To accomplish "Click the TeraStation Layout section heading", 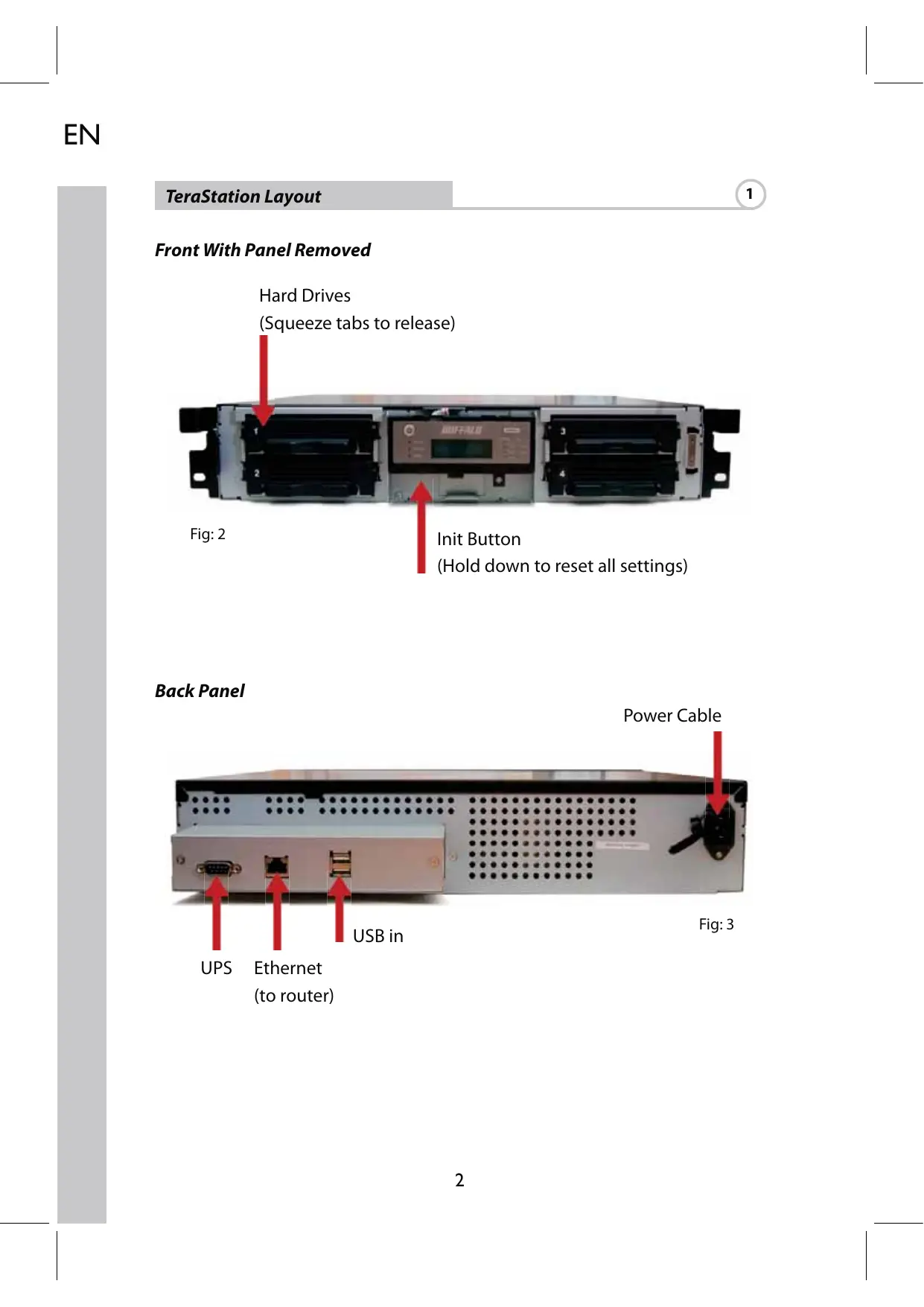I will coord(243,197).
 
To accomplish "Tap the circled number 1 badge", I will coord(750,194).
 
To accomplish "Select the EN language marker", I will coord(82,135).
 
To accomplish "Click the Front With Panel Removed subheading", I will coord(262,250).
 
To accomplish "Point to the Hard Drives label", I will coord(305,296).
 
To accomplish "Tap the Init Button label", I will coord(479,539).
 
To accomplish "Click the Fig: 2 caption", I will coord(208,534).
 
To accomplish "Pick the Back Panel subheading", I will coord(200,691).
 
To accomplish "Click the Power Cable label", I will coord(672,716).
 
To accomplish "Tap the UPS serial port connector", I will coord(217,868).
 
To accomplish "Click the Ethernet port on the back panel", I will coord(277,866).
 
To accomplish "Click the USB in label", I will coord(377,936).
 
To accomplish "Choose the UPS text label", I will coord(216,968).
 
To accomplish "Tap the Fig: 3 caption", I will coord(716,924).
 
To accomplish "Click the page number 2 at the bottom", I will coord(459,1180).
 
